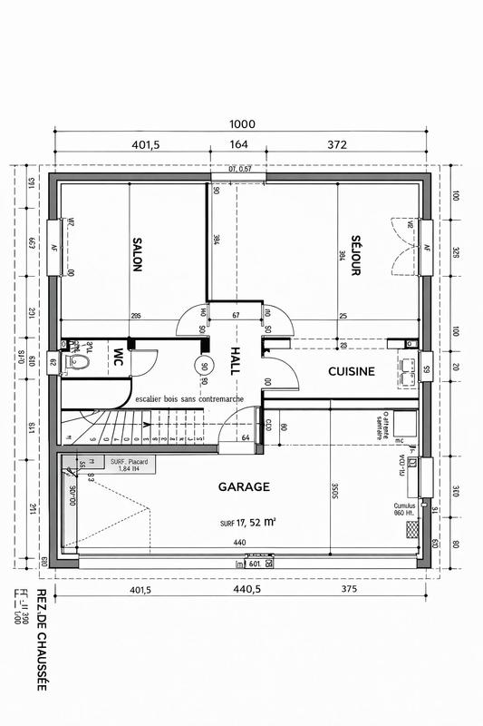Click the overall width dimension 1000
242,124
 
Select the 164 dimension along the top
238,144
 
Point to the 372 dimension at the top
336,144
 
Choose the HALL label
234,360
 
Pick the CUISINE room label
352,371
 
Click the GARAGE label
244,486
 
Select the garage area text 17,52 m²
247,523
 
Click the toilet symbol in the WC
79,363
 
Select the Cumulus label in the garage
402,506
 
